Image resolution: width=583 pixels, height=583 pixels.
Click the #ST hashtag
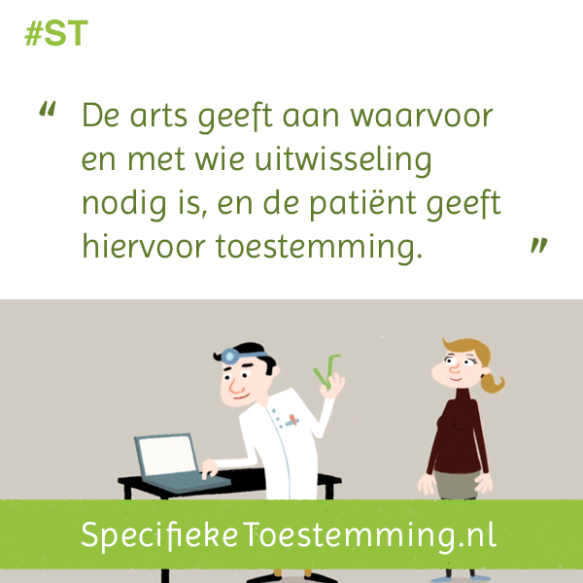point(56,33)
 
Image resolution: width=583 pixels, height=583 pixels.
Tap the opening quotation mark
point(48,109)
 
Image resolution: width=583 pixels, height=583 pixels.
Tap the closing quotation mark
point(538,245)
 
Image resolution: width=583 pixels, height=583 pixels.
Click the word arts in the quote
point(158,116)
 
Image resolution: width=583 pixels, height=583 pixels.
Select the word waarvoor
point(422,117)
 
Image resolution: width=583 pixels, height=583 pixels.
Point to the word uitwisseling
point(343,160)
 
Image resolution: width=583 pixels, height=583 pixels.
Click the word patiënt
point(362,204)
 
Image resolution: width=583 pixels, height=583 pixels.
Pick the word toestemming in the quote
point(320,247)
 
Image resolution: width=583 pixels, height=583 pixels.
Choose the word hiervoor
point(144,245)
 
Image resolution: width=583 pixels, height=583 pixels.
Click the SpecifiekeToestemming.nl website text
point(289,535)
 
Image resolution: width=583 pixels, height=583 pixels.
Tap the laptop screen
point(167,456)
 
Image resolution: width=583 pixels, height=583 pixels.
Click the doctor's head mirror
point(229,357)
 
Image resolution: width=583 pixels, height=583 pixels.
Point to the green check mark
point(326,371)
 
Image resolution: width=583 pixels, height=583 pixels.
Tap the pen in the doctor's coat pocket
point(292,421)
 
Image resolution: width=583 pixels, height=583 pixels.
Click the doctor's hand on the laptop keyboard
point(209,468)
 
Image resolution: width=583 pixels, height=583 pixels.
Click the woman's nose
point(455,369)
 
